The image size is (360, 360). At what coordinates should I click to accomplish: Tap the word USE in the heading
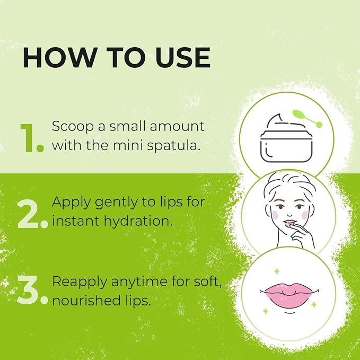(182, 57)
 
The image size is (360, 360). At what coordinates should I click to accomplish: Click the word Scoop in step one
(73, 127)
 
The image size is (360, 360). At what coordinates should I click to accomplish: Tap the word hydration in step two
(138, 222)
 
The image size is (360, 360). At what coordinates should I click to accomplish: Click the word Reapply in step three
(80, 282)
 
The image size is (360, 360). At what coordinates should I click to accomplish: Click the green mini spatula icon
(307, 119)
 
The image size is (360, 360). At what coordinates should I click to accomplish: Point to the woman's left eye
(299, 207)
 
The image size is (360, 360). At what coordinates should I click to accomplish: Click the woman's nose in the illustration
(289, 215)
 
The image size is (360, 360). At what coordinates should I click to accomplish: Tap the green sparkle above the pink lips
(277, 271)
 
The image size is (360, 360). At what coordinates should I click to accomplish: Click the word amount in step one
(177, 127)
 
